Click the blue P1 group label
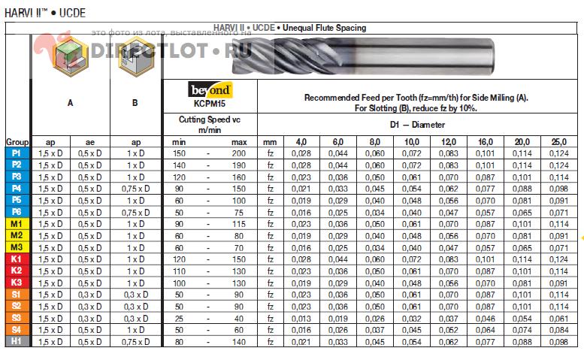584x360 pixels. click(x=17, y=153)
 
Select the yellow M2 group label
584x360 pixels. click(x=17, y=235)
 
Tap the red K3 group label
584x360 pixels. click(x=17, y=283)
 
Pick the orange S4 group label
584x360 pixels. click(x=17, y=329)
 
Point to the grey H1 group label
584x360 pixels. click(x=17, y=341)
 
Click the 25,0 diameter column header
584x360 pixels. click(x=558, y=141)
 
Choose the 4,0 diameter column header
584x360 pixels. click(x=301, y=141)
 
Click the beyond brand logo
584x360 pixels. click(x=210, y=90)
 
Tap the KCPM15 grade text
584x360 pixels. click(x=210, y=104)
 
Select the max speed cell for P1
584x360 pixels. click(x=239, y=153)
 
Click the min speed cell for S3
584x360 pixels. click(x=179, y=318)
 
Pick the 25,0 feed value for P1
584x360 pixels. click(x=558, y=153)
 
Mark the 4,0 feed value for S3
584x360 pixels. click(x=301, y=318)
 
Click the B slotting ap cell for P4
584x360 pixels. click(x=135, y=188)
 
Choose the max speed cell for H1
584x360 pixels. click(x=239, y=341)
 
